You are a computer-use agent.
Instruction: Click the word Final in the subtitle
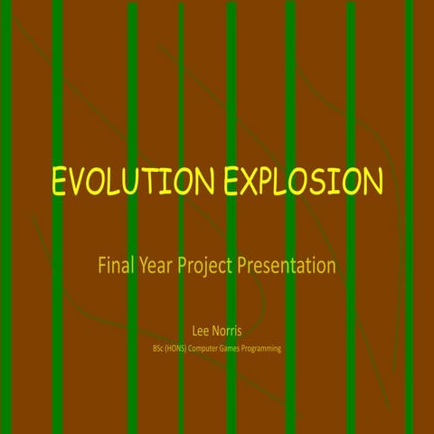click(x=115, y=266)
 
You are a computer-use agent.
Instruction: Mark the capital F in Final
click(x=102, y=266)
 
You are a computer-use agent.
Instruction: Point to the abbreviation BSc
click(x=159, y=347)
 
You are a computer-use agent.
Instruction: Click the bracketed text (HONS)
click(x=181, y=347)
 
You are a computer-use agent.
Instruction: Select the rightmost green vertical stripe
click(x=409, y=90)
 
